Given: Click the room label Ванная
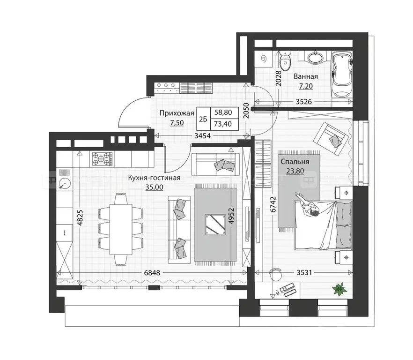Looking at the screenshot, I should coord(306,76).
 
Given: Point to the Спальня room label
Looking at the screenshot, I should coord(294,162).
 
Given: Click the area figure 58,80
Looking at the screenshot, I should coord(224,112).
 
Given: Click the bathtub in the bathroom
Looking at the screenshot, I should coord(341,75).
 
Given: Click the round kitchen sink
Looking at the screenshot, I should coord(63,184).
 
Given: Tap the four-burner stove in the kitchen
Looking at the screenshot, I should coord(103,159).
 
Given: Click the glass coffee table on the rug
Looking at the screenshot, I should coord(216,224).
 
